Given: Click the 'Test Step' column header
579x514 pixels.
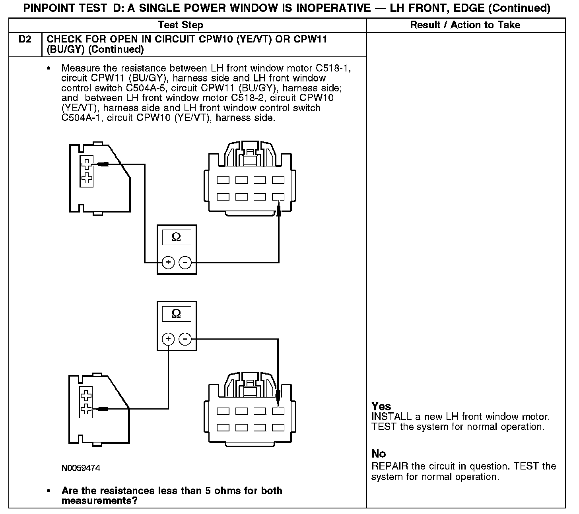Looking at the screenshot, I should [x=181, y=25].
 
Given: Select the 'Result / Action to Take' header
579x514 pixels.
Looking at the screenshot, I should [x=465, y=25].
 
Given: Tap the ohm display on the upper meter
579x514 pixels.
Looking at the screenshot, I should [x=176, y=237].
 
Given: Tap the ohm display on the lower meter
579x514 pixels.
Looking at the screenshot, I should [x=176, y=314].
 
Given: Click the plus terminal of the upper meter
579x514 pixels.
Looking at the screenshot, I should [x=168, y=262].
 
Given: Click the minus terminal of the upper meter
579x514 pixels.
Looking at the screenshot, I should [x=185, y=262].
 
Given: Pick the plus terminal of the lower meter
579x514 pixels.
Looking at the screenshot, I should [x=168, y=339].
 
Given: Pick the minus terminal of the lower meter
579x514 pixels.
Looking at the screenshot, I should [x=185, y=339].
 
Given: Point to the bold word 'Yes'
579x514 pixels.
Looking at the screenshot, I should [x=381, y=406].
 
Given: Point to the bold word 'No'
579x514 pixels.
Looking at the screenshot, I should [x=379, y=454].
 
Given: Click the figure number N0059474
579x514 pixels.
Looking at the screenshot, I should [x=81, y=468].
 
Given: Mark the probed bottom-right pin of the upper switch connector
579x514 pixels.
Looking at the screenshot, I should [x=278, y=197].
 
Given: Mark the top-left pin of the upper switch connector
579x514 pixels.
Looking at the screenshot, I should [x=223, y=180].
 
